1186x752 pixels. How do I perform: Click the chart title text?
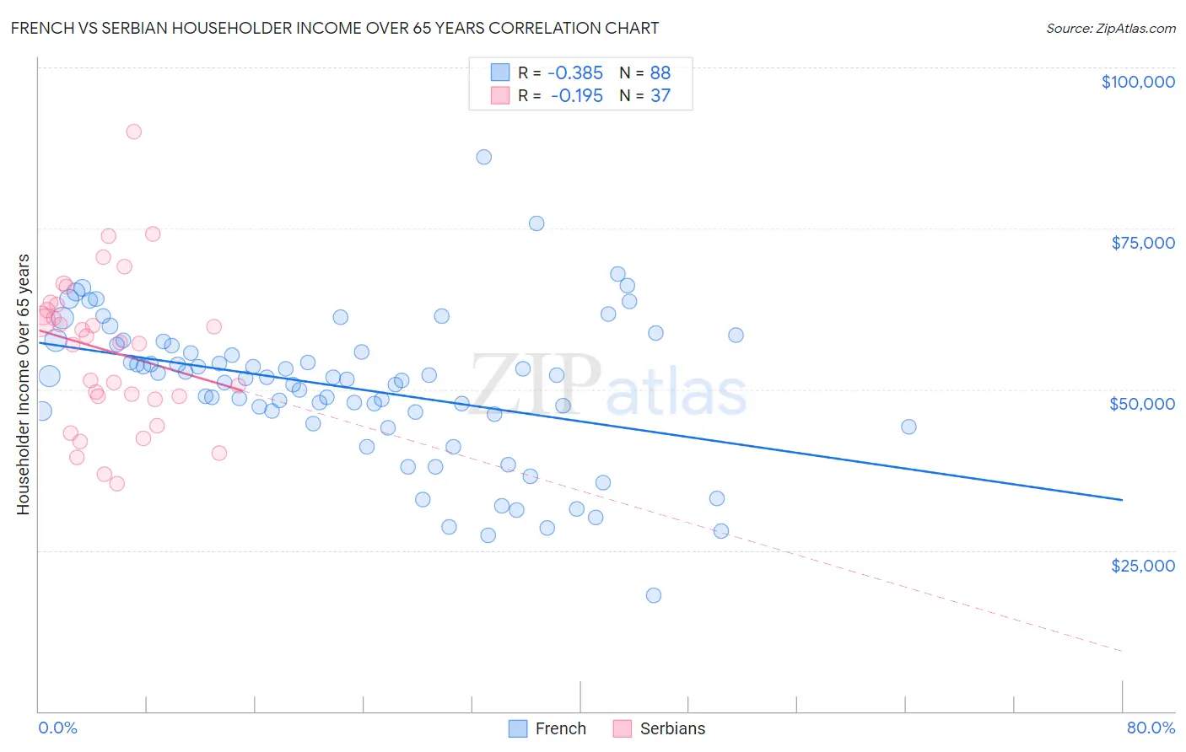pos(334,28)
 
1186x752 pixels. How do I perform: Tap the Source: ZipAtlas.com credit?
pos(1110,28)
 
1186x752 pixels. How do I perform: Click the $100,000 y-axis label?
pos(1137,82)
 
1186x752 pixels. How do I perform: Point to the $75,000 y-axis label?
pos(1142,243)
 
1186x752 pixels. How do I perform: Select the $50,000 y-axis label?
pos(1141,404)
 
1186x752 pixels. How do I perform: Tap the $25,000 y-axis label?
pos(1142,566)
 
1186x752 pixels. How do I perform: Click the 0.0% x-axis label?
pos(57,728)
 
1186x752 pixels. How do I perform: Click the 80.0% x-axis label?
pos(1150,728)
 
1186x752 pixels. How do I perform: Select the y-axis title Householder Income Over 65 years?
pos(24,384)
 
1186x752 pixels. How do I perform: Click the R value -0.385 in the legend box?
pos(575,73)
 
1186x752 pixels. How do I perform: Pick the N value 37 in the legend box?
pos(660,96)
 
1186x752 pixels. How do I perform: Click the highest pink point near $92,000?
pos(133,132)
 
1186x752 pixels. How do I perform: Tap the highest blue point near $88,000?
pos(483,157)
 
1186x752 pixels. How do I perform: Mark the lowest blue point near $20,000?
pos(653,595)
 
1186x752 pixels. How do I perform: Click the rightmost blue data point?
pos(908,427)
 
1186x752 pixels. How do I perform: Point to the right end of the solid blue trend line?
pos(1122,500)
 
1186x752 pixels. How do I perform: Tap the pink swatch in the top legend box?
pos(500,96)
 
